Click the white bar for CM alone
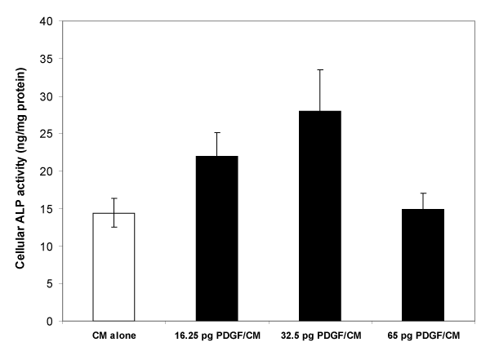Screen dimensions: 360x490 click(114, 267)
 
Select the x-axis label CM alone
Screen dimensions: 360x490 click(114, 336)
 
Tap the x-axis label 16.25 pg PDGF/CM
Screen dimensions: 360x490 click(216, 336)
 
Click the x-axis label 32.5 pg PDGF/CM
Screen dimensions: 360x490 click(319, 336)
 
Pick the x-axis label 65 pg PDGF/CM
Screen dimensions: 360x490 click(421, 336)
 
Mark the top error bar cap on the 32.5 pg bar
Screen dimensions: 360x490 click(319, 70)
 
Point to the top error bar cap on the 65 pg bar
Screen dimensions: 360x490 click(421, 193)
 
